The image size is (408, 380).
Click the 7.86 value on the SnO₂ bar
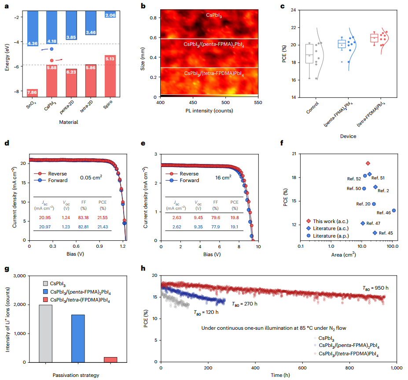pyautogui.click(x=32, y=93)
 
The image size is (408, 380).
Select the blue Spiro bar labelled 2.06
pyautogui.click(x=110, y=15)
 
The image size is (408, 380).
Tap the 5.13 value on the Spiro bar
pyautogui.click(x=110, y=58)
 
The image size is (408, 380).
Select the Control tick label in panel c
pyautogui.click(x=313, y=110)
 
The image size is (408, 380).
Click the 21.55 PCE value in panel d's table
pyautogui.click(x=103, y=217)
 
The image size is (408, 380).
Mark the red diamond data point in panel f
pyautogui.click(x=368, y=164)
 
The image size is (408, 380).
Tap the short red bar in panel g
pyautogui.click(x=110, y=360)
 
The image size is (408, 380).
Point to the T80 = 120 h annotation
pyautogui.click(x=206, y=312)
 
